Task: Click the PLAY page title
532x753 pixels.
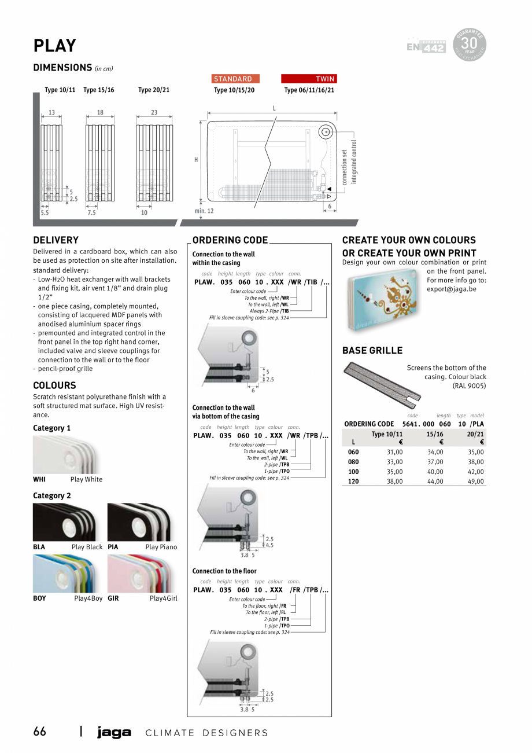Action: point(54,46)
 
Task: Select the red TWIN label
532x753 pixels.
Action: point(309,79)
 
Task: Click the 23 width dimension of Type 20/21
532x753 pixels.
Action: point(154,113)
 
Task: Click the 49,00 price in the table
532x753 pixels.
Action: point(476,481)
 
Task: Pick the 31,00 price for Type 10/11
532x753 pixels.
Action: point(394,452)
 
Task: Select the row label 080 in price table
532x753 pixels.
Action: point(353,462)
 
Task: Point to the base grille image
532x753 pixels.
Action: point(382,381)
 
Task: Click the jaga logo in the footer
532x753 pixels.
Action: point(114,733)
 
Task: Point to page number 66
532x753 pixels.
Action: point(39,732)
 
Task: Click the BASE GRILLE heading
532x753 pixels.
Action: point(372,350)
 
